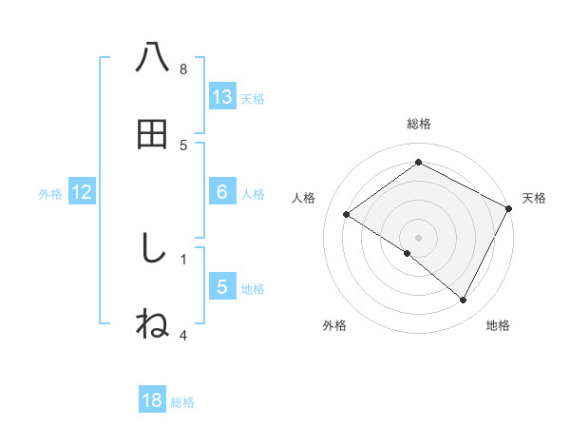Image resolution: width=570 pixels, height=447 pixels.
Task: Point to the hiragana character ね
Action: [153, 324]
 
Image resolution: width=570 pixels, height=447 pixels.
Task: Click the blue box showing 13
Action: [222, 96]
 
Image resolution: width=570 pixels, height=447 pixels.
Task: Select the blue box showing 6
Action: [222, 192]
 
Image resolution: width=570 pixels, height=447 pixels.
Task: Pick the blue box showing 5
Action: [222, 287]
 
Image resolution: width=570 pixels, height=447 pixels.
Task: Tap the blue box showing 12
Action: [82, 192]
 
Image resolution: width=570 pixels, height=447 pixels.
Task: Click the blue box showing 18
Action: [152, 400]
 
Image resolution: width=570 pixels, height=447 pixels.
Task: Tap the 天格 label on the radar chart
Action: [534, 198]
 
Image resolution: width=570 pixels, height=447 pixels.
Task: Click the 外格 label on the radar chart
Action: [334, 325]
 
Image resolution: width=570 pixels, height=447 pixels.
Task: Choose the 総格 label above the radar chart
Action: [419, 124]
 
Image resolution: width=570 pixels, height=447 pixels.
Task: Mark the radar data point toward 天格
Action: [509, 208]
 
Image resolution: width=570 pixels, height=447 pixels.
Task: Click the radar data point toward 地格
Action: [464, 301]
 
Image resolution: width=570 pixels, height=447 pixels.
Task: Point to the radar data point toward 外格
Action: [408, 254]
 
